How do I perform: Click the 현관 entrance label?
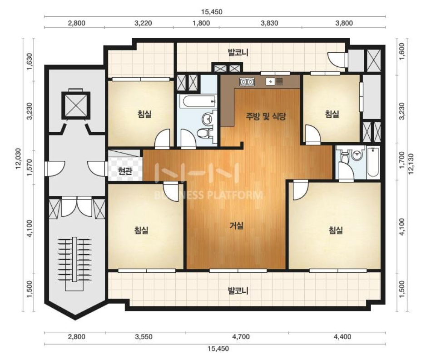[125, 171]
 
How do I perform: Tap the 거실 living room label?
[236, 225]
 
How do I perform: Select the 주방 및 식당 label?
[266, 116]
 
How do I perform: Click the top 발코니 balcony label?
[238, 52]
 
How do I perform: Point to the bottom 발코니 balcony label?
[238, 291]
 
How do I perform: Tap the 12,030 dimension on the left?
[18, 159]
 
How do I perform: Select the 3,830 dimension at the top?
[269, 23]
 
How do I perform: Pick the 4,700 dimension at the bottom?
[241, 337]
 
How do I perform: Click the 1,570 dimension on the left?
[30, 167]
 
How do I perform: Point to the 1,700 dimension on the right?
[402, 160]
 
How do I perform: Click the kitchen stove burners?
[247, 81]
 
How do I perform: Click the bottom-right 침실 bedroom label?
[336, 230]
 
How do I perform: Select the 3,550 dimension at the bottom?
[144, 337]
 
